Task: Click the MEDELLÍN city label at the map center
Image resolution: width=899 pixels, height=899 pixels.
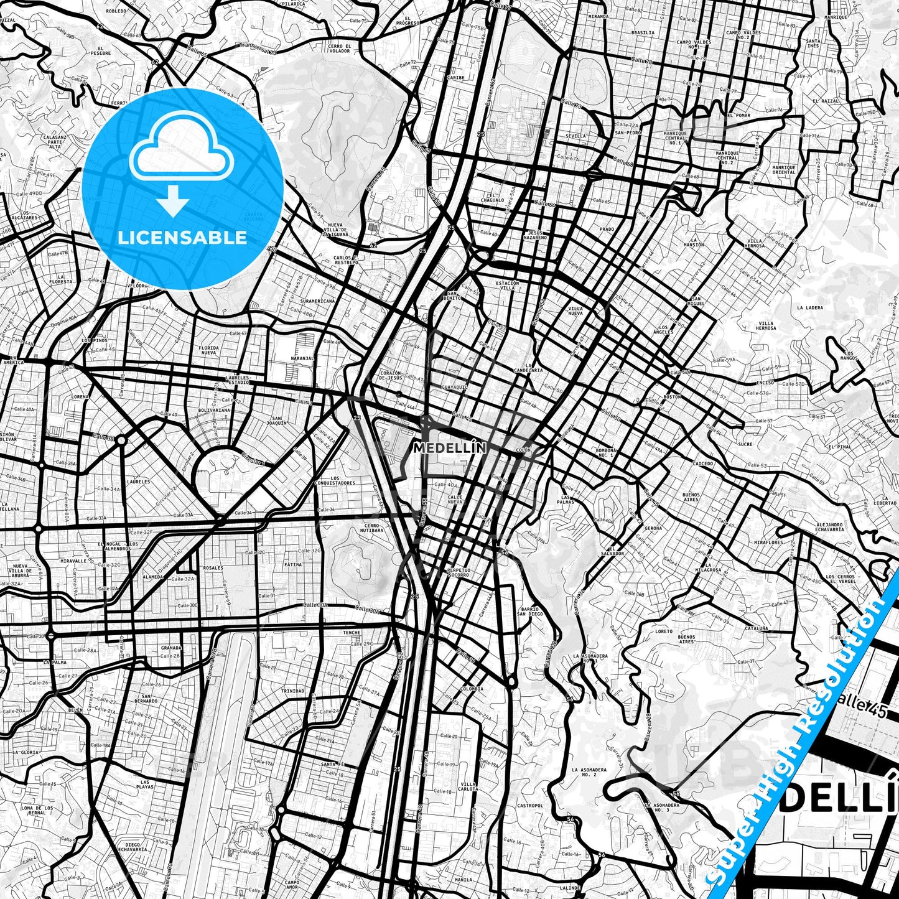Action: tap(449, 447)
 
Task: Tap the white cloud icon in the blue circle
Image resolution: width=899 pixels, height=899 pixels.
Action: tap(181, 154)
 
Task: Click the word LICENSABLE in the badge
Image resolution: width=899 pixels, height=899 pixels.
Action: tap(182, 238)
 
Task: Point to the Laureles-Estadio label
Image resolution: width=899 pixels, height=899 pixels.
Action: tap(238, 380)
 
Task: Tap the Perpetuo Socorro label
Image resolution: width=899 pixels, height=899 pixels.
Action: tap(457, 572)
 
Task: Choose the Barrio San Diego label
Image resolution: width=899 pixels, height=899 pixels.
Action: tap(531, 612)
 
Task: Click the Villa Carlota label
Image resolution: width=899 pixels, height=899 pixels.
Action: tap(468, 787)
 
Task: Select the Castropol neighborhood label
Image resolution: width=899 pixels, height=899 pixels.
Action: tap(530, 806)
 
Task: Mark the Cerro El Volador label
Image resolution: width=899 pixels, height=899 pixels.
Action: tap(340, 49)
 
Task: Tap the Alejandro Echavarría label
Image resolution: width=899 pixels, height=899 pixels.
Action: tap(829, 527)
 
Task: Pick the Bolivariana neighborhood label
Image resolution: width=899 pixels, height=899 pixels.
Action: tap(213, 410)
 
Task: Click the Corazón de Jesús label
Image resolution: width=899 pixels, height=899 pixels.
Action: tap(391, 375)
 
